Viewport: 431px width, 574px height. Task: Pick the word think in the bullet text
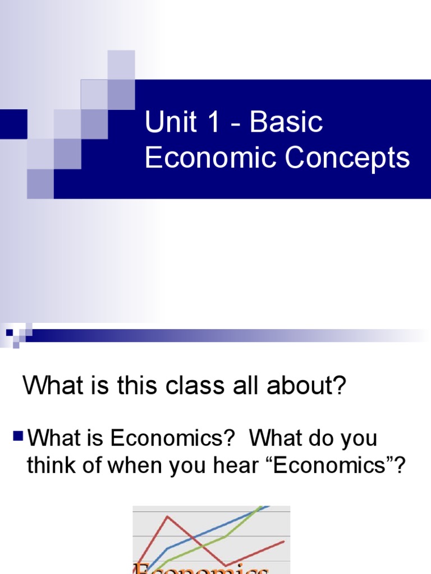point(51,466)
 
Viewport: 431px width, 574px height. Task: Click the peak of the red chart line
point(167,516)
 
